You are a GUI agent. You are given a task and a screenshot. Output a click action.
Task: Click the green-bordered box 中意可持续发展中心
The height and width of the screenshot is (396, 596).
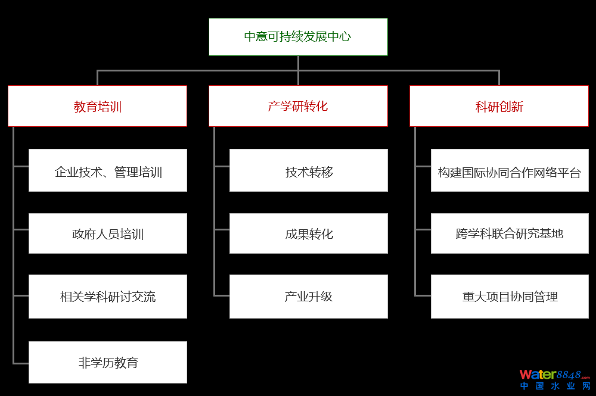click(298, 37)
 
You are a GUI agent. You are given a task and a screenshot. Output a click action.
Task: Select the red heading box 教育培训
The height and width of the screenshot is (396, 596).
click(97, 106)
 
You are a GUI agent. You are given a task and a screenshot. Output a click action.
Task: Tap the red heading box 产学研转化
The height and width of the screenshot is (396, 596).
click(298, 106)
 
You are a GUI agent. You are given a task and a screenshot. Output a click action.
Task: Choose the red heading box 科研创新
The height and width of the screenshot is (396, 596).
click(499, 106)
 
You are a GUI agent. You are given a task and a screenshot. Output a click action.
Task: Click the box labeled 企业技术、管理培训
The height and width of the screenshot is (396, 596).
click(108, 170)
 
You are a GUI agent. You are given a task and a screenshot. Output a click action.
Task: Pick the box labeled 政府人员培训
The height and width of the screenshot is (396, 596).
click(108, 233)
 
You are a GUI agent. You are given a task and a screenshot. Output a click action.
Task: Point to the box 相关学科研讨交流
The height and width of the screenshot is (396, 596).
click(108, 297)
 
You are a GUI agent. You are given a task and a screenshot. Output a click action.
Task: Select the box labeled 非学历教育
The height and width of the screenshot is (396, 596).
click(108, 362)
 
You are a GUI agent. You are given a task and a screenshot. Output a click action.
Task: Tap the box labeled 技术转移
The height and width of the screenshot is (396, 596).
click(309, 170)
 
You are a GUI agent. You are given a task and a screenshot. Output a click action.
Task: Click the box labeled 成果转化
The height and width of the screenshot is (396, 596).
click(309, 233)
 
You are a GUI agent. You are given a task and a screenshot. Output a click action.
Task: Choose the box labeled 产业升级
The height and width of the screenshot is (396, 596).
click(309, 297)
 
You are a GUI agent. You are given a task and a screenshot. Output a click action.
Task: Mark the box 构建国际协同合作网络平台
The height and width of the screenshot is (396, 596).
click(510, 170)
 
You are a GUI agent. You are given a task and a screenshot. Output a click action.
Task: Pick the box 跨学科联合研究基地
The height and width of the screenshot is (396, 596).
click(510, 233)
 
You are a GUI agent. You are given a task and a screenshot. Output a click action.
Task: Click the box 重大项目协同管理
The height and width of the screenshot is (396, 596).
click(510, 297)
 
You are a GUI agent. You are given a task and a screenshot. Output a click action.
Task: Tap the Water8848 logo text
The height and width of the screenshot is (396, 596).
click(554, 375)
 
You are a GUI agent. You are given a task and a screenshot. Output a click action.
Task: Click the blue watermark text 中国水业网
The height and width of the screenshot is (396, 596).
click(555, 386)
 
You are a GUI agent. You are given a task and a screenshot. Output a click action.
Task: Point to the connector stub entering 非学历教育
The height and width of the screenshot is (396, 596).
click(21, 363)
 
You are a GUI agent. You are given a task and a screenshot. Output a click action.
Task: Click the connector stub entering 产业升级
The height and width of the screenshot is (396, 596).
click(222, 295)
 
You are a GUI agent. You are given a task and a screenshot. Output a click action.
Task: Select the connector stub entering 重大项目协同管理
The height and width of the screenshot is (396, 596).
click(423, 295)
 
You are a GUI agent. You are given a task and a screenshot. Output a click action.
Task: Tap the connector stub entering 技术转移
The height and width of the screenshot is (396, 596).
click(222, 166)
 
